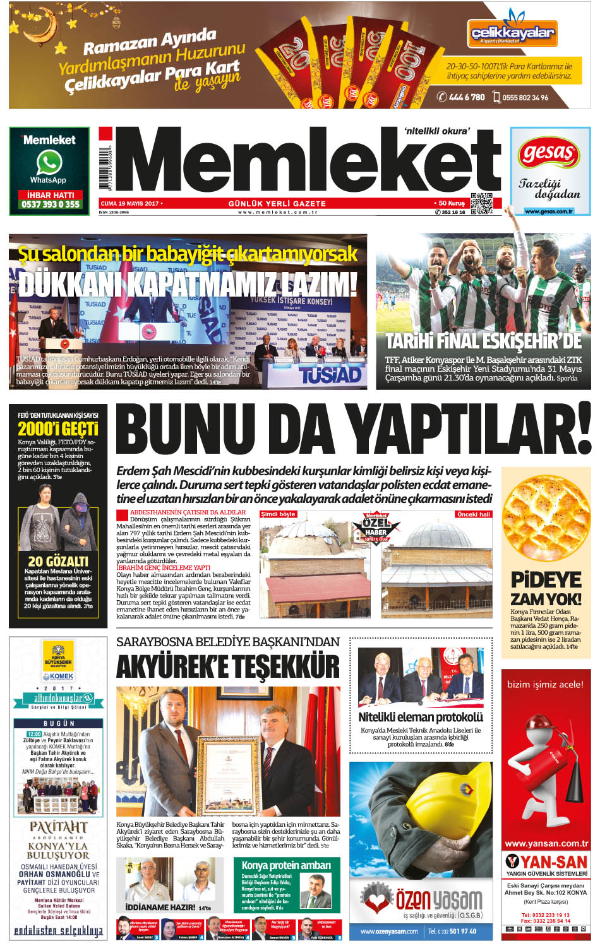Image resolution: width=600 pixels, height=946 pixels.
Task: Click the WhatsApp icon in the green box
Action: point(49,163)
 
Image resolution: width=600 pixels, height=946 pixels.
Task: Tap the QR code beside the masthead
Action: point(481,203)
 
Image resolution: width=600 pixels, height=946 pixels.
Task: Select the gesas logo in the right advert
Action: point(549,153)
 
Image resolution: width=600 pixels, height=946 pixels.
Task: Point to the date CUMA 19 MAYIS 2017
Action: point(129,204)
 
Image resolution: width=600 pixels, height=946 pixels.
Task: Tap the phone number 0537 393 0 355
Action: point(51,204)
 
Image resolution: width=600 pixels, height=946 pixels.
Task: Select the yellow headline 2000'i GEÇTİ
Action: point(57,429)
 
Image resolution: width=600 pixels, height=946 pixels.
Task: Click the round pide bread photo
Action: point(546,519)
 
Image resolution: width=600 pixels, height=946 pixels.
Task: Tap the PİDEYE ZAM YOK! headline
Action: point(546,588)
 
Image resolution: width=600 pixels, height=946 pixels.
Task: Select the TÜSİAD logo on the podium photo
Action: point(330,375)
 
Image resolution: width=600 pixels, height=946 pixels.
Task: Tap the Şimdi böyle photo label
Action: point(279,514)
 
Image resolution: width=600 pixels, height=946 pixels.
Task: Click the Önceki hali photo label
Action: point(473,514)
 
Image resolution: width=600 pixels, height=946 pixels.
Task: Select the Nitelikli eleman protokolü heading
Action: point(420,717)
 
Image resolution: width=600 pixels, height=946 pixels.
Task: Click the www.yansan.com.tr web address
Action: point(546,843)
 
